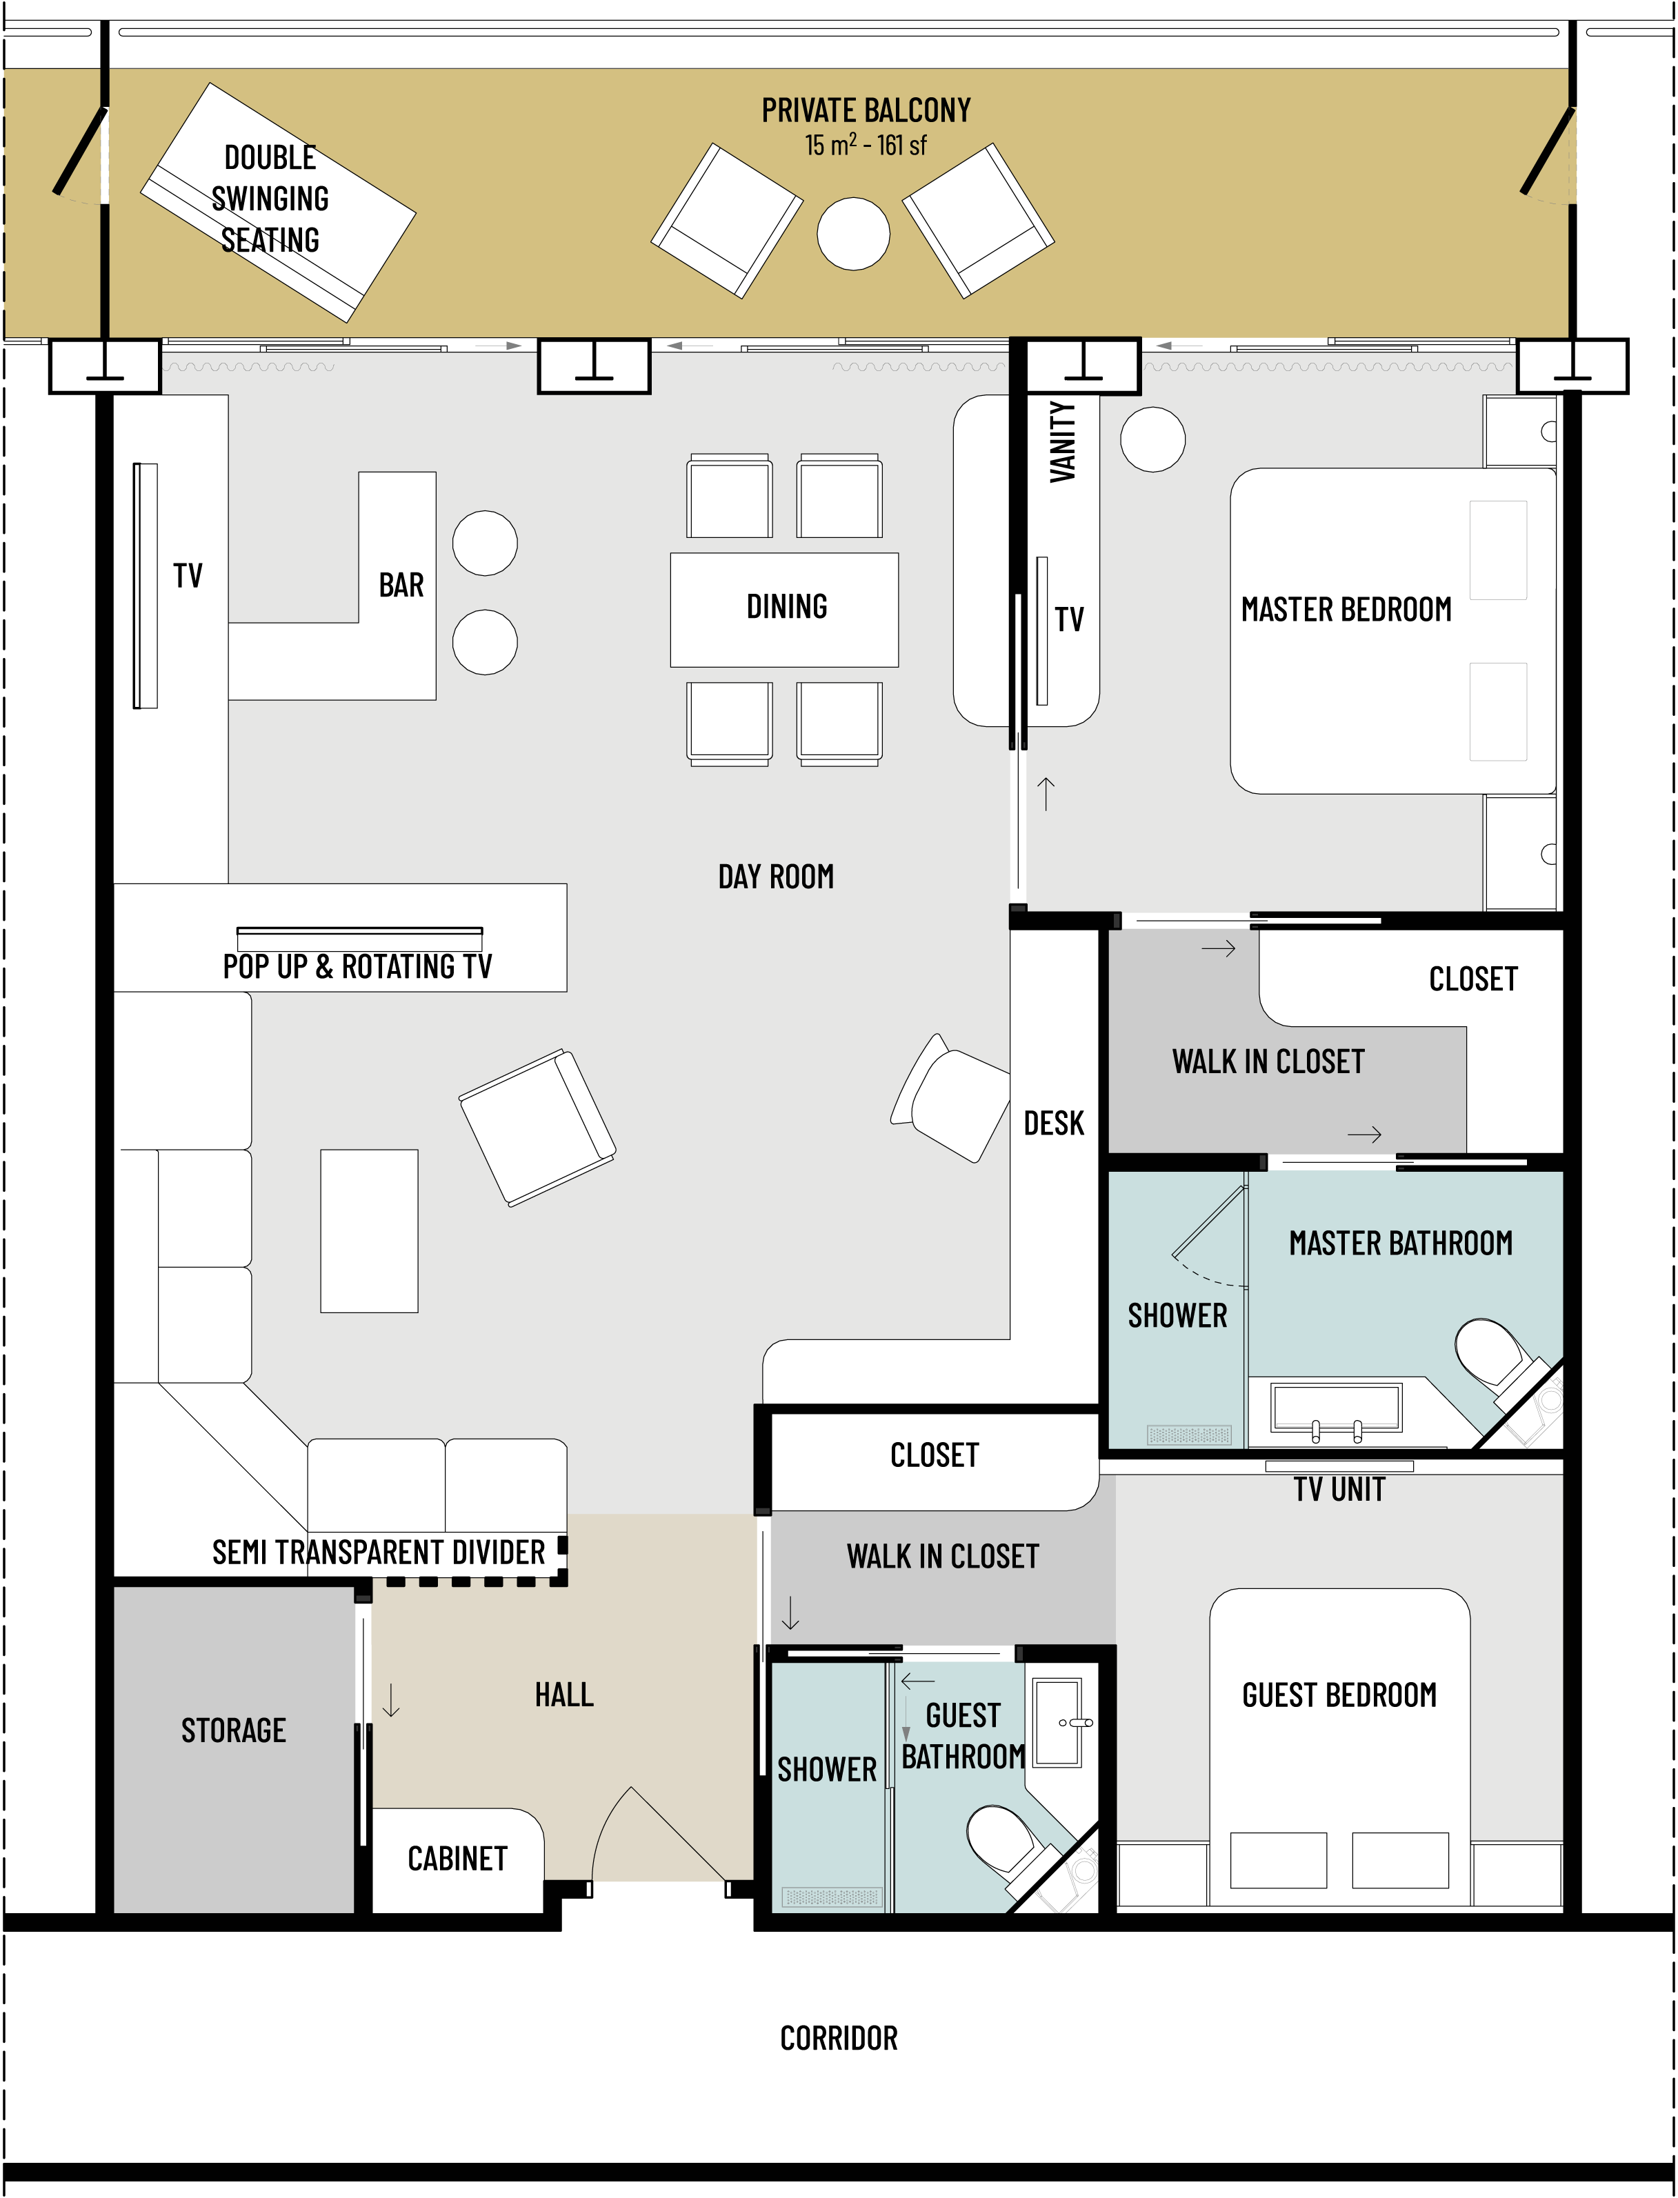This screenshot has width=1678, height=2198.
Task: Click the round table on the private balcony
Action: (x=853, y=234)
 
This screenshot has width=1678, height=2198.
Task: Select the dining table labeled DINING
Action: (x=784, y=609)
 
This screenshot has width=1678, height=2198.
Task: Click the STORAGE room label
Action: (x=234, y=1730)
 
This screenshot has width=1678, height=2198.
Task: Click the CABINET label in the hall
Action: (x=457, y=1859)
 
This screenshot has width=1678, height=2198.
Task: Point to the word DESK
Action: (x=1054, y=1123)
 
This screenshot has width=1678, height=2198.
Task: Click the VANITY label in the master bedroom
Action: (x=1063, y=442)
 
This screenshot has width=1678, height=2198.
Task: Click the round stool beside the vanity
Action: (x=1152, y=439)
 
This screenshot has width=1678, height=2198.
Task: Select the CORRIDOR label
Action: (x=839, y=2038)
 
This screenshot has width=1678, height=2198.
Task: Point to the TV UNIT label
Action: (x=1339, y=1490)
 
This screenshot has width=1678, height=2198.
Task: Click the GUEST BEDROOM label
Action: (x=1339, y=1695)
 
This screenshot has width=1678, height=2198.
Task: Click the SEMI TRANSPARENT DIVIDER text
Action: (x=379, y=1553)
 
